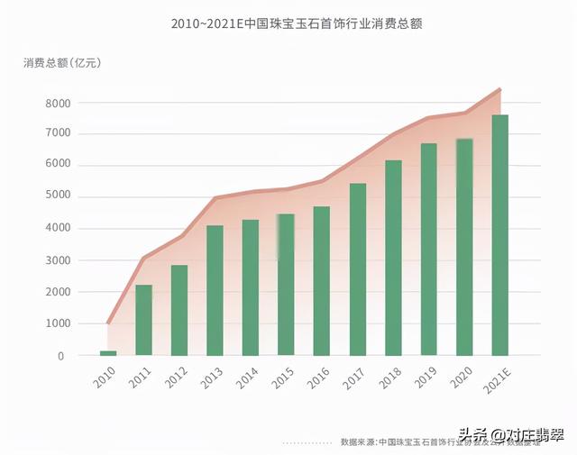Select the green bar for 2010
[108, 352]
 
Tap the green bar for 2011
[143, 320]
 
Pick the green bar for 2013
[215, 290]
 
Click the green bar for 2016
[322, 280]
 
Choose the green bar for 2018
[393, 258]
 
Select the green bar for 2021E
[499, 234]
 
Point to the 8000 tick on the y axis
[56, 104]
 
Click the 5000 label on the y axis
[56, 197]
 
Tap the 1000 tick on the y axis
[56, 324]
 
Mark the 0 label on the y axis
[60, 356]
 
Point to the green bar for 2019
[429, 249]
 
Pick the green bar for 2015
[286, 284]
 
